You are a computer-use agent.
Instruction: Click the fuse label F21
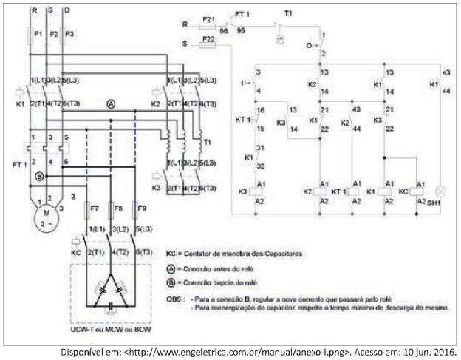tap(209, 17)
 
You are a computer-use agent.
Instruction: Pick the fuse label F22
tap(209, 38)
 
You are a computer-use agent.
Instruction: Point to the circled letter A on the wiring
tap(110, 104)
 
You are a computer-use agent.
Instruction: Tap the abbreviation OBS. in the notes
tap(176, 298)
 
